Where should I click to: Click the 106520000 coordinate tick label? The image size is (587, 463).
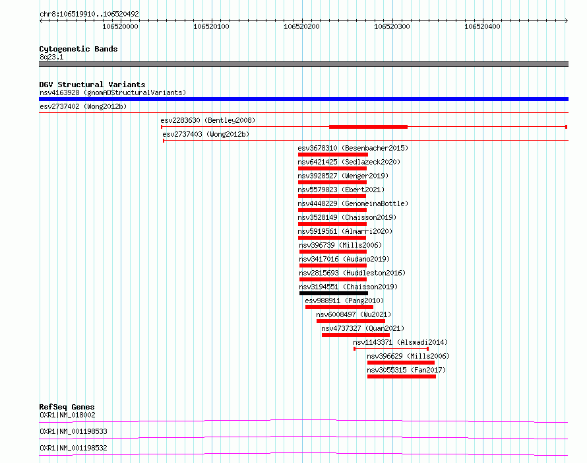tap(120, 26)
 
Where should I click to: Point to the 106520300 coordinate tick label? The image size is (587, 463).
tap(392, 26)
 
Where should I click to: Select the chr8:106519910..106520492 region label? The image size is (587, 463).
tap(89, 14)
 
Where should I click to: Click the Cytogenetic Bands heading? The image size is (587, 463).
tap(78, 49)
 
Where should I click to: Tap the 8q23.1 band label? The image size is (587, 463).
tap(51, 57)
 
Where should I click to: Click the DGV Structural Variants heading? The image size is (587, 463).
tap(92, 85)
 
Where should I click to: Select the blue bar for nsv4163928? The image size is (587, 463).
tap(303, 99)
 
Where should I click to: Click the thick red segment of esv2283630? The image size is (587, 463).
tap(369, 127)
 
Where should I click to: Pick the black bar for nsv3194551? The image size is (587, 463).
tap(334, 293)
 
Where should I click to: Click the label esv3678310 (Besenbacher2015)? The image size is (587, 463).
tap(353, 148)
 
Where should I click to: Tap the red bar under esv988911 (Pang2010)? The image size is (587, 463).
tap(339, 307)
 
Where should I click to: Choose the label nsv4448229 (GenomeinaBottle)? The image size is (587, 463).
tap(353, 203)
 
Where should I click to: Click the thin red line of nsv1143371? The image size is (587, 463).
tap(391, 349)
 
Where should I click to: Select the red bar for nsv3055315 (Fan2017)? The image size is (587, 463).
tap(401, 376)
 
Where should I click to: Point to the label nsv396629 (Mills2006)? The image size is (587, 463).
tap(408, 356)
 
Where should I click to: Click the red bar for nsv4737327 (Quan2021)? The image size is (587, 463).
tap(355, 335)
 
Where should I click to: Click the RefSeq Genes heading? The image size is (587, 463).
tap(67, 407)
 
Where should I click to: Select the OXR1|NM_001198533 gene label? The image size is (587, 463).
tap(73, 431)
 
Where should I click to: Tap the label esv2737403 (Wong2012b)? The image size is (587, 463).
tap(206, 134)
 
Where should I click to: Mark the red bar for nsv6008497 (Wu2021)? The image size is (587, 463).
tap(351, 321)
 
